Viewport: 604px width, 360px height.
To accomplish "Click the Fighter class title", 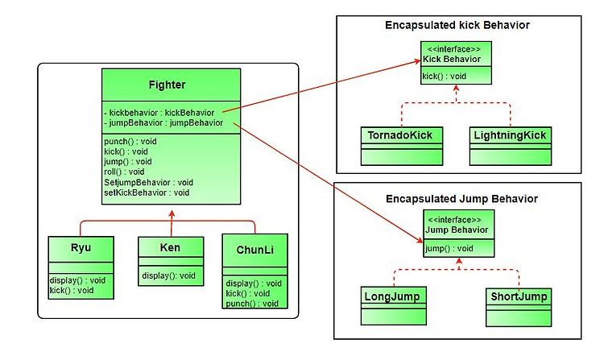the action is pyautogui.click(x=168, y=85).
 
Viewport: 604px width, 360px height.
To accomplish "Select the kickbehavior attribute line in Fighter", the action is pyautogui.click(x=159, y=113).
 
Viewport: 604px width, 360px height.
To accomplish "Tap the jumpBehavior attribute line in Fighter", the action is pyautogui.click(x=163, y=123).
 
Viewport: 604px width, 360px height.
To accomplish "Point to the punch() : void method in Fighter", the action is pyautogui.click(x=130, y=141).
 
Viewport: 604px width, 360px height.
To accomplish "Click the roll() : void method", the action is pyautogui.click(x=124, y=172).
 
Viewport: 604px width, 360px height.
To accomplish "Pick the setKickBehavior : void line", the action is pyautogui.click(x=147, y=192).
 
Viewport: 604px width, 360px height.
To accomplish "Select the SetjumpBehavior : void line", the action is pyautogui.click(x=148, y=182).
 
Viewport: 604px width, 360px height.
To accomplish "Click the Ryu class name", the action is pyautogui.click(x=81, y=247).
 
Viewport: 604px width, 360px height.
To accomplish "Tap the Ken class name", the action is pyautogui.click(x=170, y=247).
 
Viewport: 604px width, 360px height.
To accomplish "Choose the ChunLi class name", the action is pyautogui.click(x=255, y=250).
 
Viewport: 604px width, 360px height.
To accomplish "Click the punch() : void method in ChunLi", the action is pyautogui.click(x=252, y=304).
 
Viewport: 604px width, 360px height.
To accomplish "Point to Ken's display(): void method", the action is pyautogui.click(x=168, y=275).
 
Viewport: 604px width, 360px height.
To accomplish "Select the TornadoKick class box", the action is pyautogui.click(x=402, y=147).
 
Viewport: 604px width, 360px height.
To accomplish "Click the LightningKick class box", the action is pyautogui.click(x=511, y=147).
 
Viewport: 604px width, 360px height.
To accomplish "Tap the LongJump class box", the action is pyautogui.click(x=394, y=306).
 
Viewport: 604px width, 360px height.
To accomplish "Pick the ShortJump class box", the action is pyautogui.click(x=519, y=308).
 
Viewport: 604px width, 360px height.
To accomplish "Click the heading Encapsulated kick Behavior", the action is pyautogui.click(x=457, y=26).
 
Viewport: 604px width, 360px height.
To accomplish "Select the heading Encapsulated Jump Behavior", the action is pyautogui.click(x=461, y=199).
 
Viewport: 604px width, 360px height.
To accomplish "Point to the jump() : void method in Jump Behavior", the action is pyautogui.click(x=449, y=248).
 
